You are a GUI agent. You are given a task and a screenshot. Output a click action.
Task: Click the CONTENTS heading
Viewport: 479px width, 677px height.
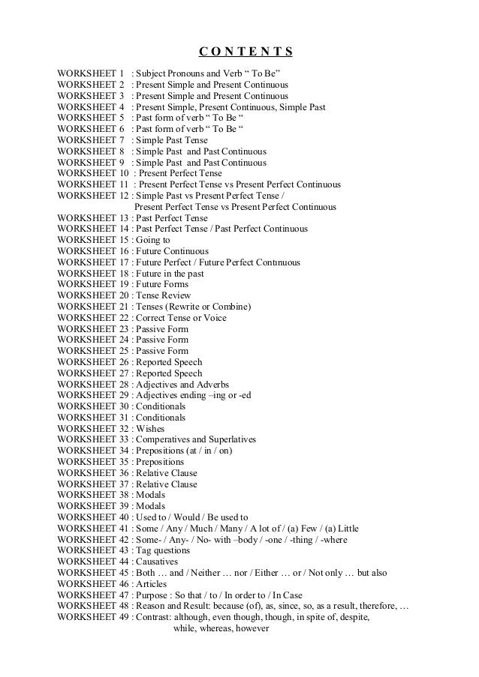246,52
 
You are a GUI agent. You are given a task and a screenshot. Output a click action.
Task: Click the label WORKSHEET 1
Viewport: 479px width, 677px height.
90,74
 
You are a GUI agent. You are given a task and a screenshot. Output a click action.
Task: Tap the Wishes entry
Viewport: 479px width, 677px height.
150,428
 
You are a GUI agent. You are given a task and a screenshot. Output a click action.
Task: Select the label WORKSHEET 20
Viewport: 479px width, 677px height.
92,295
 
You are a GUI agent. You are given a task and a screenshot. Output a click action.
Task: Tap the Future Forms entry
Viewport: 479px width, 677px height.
164,284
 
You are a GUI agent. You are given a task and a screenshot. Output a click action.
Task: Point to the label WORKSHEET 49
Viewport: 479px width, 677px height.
92,617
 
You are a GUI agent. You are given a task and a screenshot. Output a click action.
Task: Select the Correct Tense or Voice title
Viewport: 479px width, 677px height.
180,318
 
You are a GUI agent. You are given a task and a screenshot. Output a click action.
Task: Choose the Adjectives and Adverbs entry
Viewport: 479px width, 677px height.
182,384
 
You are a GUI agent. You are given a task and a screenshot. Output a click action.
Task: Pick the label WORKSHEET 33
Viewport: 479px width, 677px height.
92,439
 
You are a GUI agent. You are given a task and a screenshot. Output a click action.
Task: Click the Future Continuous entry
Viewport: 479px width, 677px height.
172,251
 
